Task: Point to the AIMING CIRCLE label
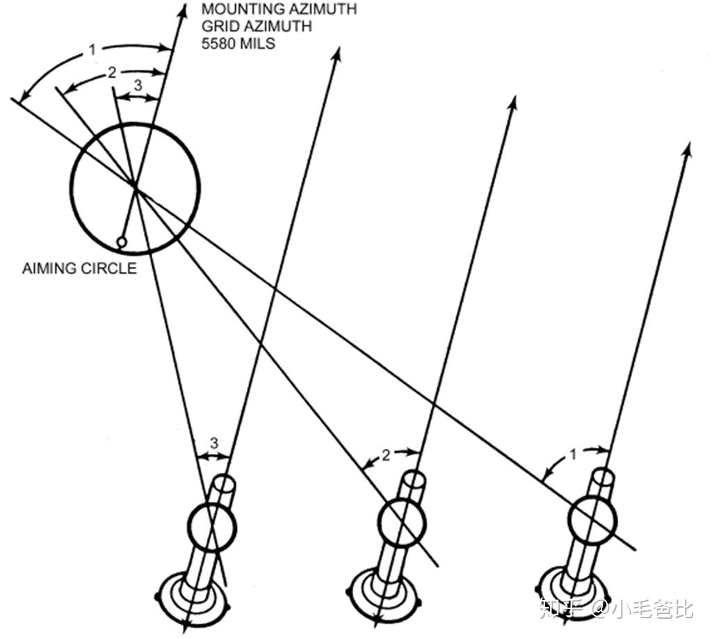click(79, 269)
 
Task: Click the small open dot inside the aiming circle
click(122, 242)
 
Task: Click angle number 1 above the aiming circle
click(92, 50)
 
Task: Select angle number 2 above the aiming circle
click(112, 73)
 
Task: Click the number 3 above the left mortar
click(214, 443)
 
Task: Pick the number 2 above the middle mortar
click(387, 456)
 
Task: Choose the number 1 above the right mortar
click(574, 455)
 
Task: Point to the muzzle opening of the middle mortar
click(414, 480)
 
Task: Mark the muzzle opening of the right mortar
click(603, 478)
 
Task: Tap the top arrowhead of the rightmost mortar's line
click(688, 149)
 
